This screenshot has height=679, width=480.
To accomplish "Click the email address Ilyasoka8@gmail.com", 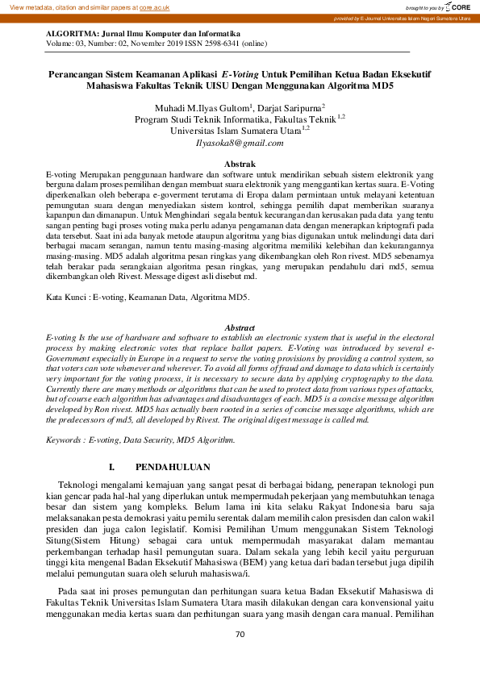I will pos(240,143).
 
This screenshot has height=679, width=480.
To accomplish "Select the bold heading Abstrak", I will pos(239,164).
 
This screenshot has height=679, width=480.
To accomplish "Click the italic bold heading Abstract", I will pos(239,327).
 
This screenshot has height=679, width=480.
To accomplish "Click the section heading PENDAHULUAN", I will pos(173,467).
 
